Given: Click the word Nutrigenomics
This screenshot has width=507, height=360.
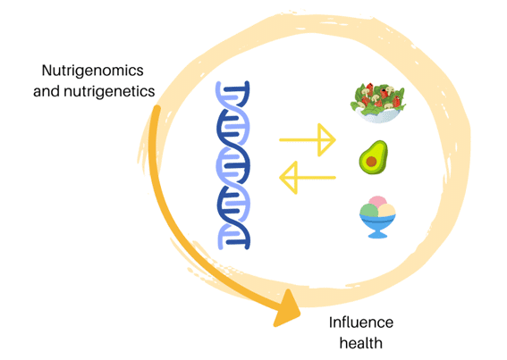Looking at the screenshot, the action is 92,71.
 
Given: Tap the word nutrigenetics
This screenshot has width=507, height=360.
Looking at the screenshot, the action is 109,91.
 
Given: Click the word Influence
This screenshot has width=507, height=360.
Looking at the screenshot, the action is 361,322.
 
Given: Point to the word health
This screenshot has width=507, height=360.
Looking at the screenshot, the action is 361,343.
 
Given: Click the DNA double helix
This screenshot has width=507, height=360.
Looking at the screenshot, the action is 232,165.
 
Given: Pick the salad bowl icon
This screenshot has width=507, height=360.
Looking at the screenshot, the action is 377,103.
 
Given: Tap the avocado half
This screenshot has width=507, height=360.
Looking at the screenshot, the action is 374,157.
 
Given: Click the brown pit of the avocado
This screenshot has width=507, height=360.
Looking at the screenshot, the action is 371,162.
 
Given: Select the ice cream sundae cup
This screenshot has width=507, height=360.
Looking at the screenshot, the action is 377,217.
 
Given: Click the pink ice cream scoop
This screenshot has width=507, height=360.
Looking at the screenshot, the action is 377,201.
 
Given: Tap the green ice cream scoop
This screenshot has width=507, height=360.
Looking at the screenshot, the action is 369,211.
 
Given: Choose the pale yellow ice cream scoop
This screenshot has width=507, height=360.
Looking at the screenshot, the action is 386,211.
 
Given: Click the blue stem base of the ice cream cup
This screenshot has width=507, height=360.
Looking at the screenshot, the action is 377,233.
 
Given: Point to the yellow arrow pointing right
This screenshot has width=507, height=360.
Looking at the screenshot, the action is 308,140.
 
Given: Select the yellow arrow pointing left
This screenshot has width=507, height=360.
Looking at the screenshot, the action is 308,178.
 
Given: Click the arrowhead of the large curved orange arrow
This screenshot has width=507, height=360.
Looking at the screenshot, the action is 287,309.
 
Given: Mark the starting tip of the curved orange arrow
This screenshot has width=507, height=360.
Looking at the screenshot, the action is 156,107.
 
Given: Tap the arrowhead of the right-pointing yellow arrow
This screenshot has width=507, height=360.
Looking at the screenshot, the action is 326,140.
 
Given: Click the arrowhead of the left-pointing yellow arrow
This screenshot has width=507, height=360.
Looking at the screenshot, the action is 289,178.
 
